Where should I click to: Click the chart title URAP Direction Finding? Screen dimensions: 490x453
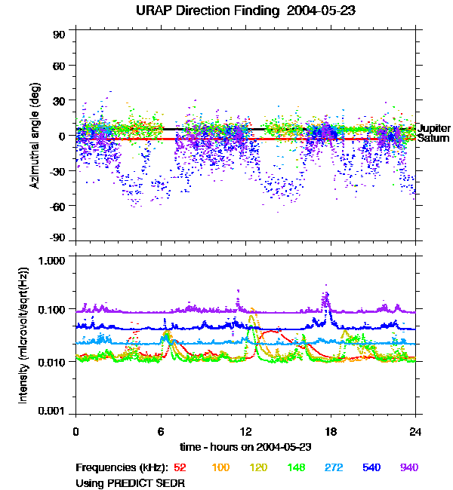click(x=226, y=11)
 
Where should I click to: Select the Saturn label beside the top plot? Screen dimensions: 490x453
click(x=433, y=139)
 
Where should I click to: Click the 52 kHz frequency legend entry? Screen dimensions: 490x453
click(x=180, y=467)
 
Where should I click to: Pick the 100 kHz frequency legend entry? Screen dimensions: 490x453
click(x=220, y=467)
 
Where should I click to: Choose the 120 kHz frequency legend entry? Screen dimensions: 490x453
click(x=258, y=467)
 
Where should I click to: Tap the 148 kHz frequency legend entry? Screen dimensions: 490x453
click(x=296, y=467)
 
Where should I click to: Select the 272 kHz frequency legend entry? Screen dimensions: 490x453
click(x=334, y=467)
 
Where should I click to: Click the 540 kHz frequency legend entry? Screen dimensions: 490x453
click(x=371, y=467)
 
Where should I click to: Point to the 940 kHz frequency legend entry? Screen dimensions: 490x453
click(x=409, y=467)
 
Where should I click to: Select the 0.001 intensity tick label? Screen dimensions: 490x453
click(x=55, y=412)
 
